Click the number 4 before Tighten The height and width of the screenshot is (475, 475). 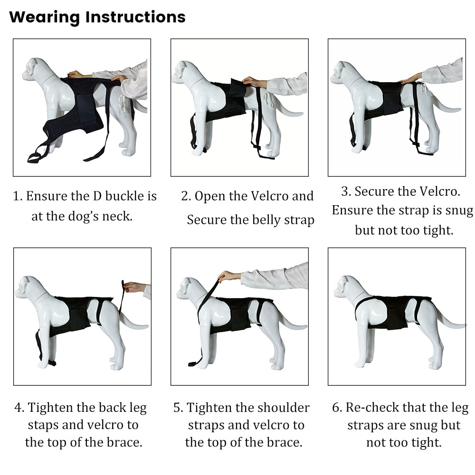pyautogui.click(x=19, y=408)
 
